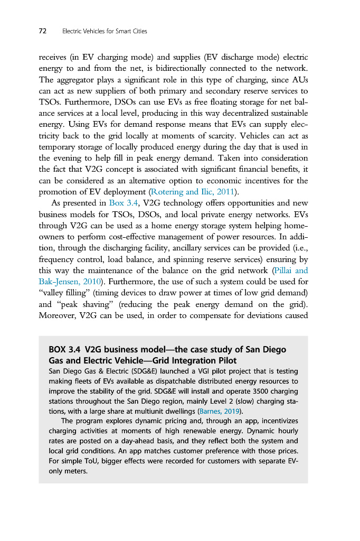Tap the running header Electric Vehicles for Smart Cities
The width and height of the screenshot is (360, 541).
pyautogui.click(x=105, y=31)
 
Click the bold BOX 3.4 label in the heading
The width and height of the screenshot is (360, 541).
pyautogui.click(x=64, y=350)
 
